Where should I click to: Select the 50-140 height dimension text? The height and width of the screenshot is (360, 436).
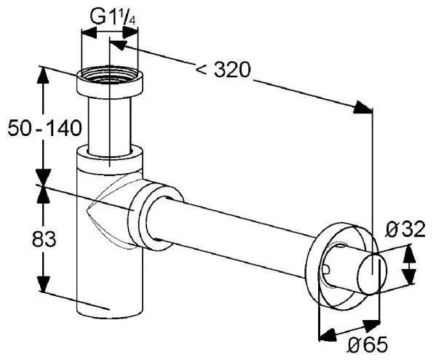tap(44, 128)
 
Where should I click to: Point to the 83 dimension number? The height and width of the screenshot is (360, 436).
tap(44, 239)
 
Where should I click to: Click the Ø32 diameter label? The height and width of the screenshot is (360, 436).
tap(405, 229)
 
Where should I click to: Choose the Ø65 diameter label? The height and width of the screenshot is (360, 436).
tap(368, 345)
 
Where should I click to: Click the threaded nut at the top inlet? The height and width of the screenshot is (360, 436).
tap(110, 81)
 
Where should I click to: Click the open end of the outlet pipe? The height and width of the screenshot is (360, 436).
tap(371, 274)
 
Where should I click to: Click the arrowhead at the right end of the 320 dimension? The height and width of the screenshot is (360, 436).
tap(362, 107)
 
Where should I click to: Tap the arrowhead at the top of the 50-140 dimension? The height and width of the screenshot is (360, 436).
tap(42, 75)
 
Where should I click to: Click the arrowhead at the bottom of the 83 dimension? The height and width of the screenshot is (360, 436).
tap(43, 284)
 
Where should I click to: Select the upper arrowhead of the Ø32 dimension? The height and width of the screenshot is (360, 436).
tap(409, 253)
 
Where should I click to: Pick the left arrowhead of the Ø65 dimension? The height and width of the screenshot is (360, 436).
tap(328, 334)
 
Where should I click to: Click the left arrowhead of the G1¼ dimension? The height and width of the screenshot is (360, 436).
tap(88, 33)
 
